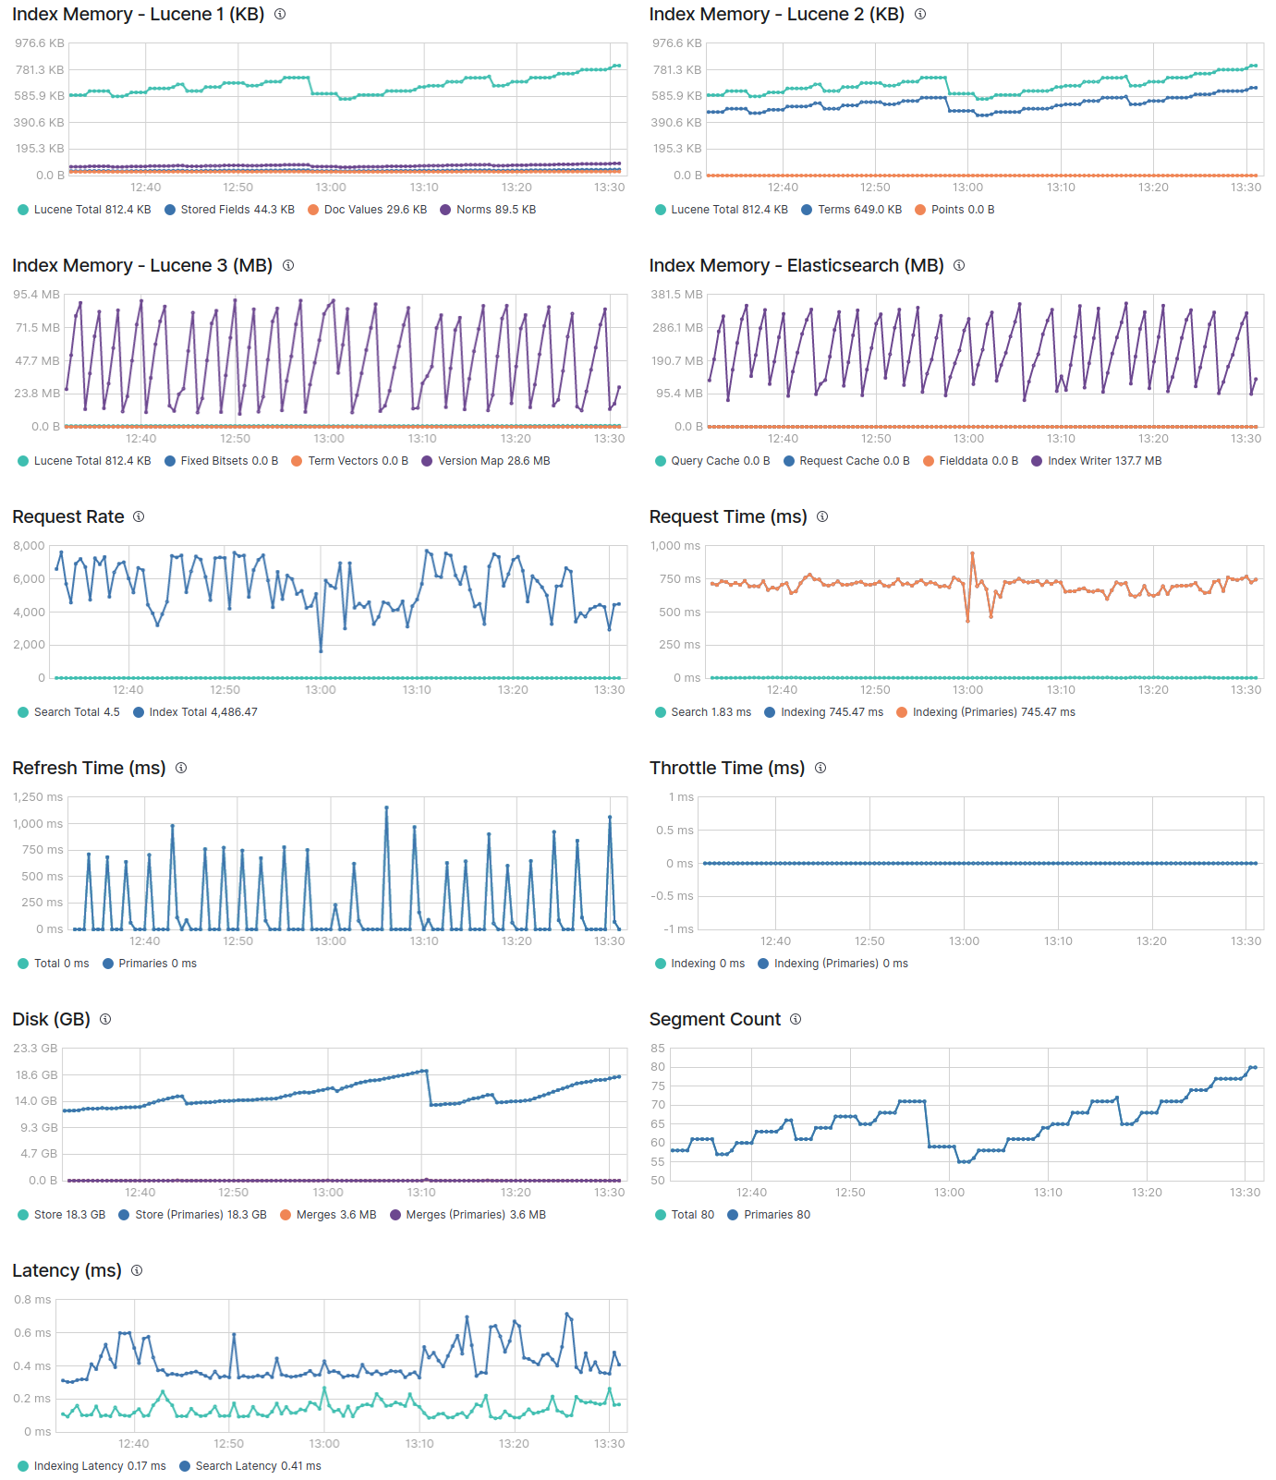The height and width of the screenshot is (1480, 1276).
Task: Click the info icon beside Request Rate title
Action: point(139,516)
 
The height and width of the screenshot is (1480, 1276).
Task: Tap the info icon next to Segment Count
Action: point(796,1019)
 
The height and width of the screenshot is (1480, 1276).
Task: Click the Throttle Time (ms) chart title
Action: point(726,768)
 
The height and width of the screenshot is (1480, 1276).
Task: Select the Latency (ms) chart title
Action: point(67,1270)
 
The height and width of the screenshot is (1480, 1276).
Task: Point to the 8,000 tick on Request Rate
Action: point(29,546)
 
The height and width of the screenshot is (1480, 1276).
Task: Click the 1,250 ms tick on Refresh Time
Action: point(38,797)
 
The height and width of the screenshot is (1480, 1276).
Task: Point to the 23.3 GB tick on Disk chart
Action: point(35,1049)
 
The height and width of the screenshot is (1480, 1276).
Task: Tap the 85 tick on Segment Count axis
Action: point(658,1049)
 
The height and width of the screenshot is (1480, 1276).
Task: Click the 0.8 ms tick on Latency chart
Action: point(32,1300)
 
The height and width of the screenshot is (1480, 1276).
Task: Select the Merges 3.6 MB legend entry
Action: point(335,1215)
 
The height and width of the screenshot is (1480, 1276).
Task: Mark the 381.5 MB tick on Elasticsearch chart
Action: point(676,295)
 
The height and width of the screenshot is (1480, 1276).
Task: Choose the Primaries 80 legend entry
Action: point(776,1215)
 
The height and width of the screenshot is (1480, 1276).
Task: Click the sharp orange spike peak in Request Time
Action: point(972,553)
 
